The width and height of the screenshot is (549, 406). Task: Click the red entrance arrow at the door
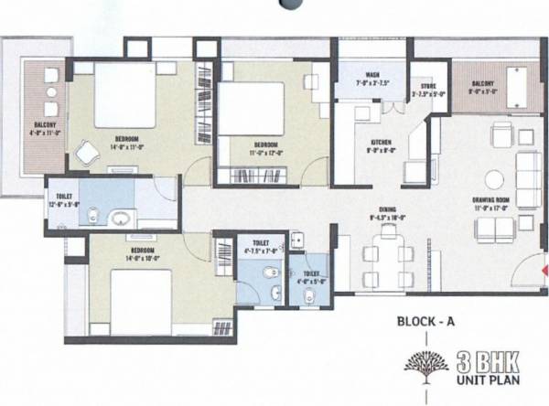tap(543, 272)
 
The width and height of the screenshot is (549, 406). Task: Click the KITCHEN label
tap(381, 142)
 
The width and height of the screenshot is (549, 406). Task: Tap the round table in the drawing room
tap(494, 179)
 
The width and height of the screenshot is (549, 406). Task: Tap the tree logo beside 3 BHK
tap(425, 363)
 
